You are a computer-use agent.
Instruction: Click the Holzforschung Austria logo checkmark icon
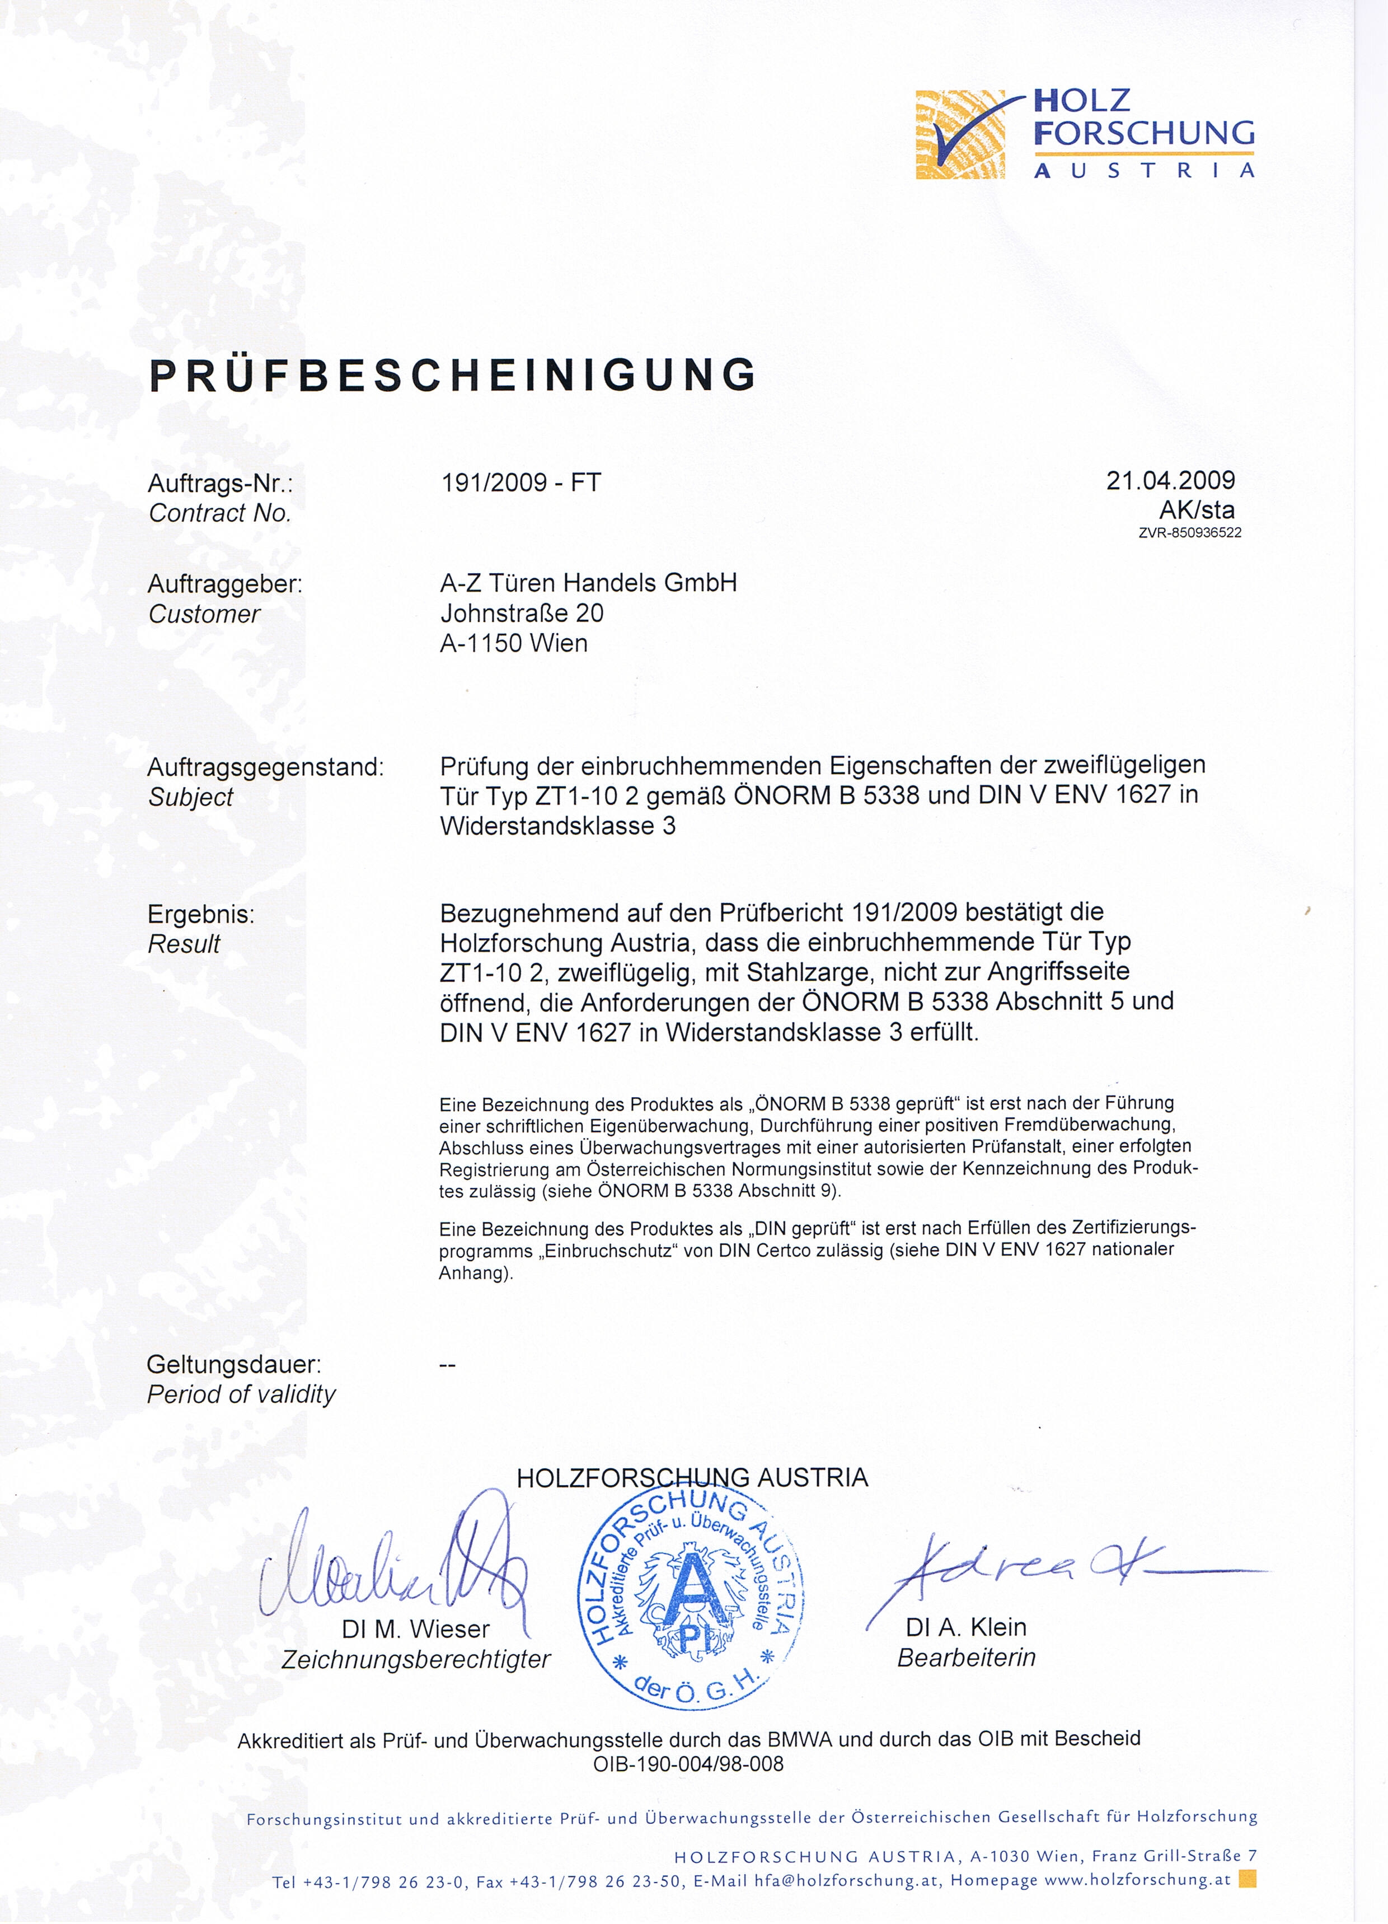click(x=960, y=134)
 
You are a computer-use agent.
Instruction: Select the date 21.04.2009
click(x=1170, y=480)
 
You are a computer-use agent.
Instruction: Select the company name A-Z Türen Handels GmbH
click(x=588, y=583)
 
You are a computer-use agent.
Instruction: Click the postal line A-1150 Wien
click(x=513, y=643)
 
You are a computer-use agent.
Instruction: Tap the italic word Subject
click(x=190, y=798)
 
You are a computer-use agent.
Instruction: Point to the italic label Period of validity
click(x=241, y=1394)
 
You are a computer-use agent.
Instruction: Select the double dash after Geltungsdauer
click(x=448, y=1365)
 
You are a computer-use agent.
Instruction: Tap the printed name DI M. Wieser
click(x=416, y=1629)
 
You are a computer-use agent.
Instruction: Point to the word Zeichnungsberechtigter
click(x=416, y=1659)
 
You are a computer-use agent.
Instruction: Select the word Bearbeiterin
click(x=967, y=1658)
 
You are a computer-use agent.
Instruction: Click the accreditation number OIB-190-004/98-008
click(x=688, y=1764)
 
